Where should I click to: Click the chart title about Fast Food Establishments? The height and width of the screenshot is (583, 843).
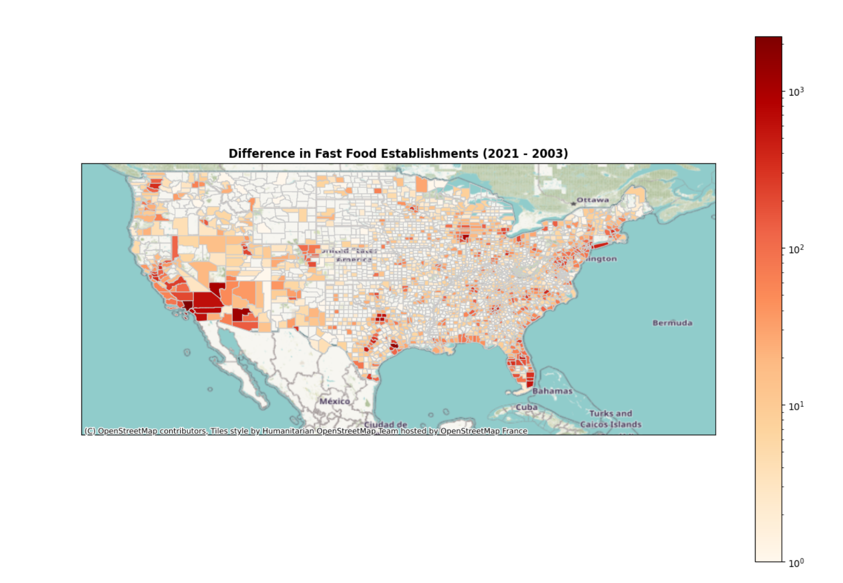(398, 154)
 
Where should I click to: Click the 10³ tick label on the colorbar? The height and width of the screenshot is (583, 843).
(796, 92)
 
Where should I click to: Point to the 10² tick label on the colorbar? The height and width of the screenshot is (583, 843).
(796, 249)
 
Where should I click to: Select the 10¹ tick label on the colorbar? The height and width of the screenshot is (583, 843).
(796, 406)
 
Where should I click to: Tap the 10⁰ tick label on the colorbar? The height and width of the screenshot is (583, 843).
(796, 563)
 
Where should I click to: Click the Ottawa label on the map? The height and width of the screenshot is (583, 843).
(593, 200)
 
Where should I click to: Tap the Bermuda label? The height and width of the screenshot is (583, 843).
(672, 323)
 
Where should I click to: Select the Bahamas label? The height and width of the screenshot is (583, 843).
(552, 391)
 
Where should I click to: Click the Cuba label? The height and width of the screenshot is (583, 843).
(527, 407)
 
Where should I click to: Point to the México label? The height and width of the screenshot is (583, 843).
(334, 401)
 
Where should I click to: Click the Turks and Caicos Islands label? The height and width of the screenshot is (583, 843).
(611, 419)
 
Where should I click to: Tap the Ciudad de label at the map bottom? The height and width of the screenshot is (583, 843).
(385, 424)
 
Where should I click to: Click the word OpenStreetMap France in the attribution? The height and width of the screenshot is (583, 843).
(483, 431)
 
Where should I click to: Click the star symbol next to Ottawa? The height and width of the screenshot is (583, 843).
(573, 203)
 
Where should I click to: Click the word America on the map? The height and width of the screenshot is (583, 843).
(354, 260)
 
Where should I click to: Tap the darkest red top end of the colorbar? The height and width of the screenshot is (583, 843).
(768, 40)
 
